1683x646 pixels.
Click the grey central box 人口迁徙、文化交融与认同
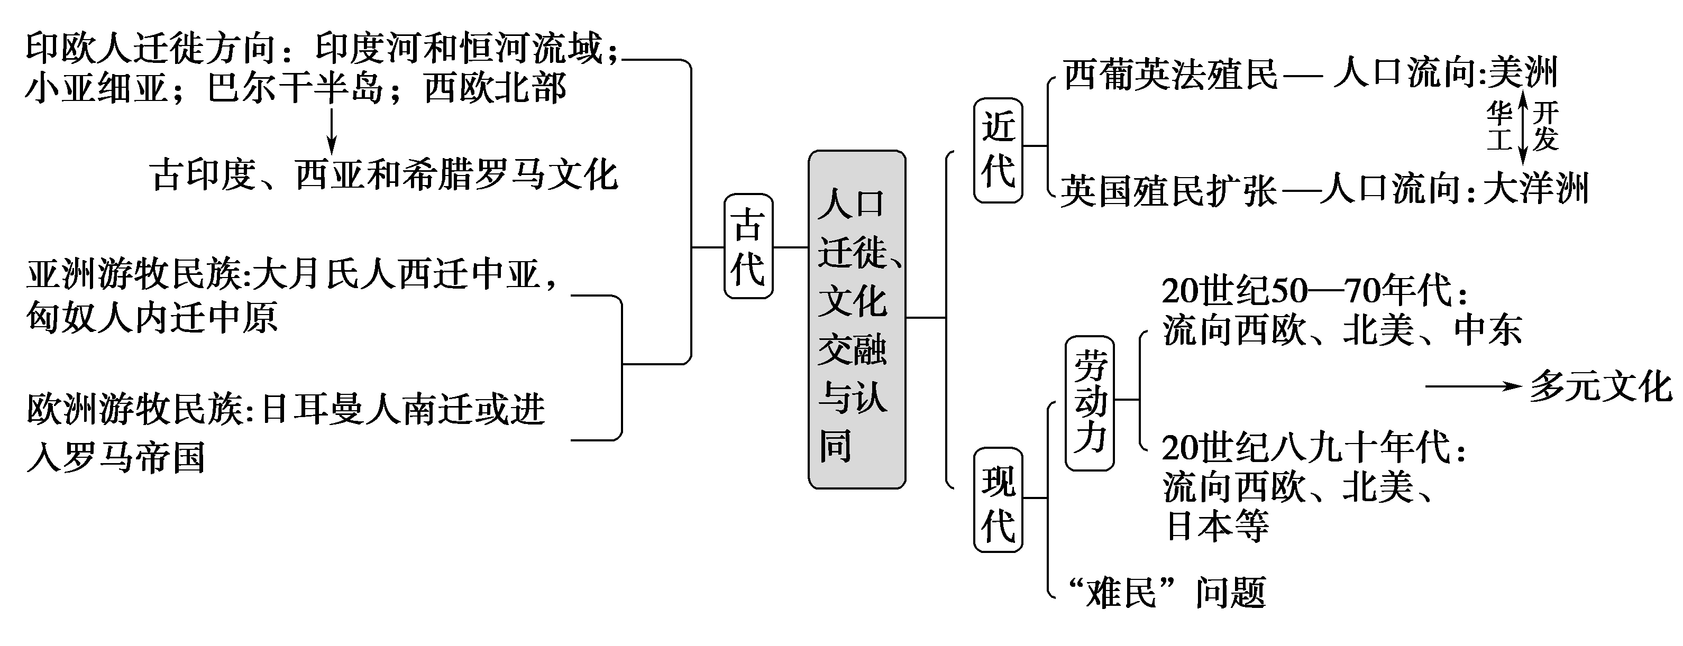pos(856,320)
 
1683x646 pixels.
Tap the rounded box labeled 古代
pos(748,246)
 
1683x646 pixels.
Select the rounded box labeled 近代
pos(998,150)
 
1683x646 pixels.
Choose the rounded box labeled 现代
pos(998,500)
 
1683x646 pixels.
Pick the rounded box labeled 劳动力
pos(1089,403)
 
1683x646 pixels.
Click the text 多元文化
pos(1600,386)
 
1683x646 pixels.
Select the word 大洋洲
pos(1535,189)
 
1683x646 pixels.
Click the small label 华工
pos(1499,126)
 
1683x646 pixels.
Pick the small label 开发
pos(1546,126)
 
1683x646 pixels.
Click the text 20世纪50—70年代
pos(1313,291)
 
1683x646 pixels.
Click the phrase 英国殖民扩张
pos(1168,191)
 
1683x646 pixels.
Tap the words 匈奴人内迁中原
pos(152,318)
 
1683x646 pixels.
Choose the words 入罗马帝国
pos(116,457)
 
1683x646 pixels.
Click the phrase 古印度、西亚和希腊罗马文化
pos(383,175)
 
